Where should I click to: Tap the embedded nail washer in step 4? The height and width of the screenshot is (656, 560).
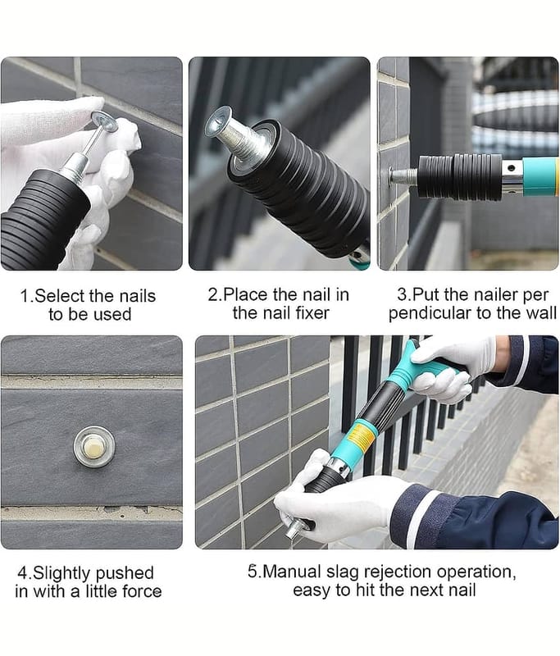pos(94,446)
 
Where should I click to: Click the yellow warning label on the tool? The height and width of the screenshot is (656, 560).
pos(362,436)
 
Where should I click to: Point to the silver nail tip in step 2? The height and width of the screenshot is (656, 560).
pos(219,122)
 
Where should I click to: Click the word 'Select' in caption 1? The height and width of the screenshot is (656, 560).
pos(61,296)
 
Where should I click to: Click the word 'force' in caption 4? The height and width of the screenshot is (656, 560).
pos(142,591)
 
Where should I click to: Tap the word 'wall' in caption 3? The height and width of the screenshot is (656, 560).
pos(541,313)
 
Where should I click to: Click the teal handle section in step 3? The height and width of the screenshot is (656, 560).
pos(540,177)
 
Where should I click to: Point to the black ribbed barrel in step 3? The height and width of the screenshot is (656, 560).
pos(460,177)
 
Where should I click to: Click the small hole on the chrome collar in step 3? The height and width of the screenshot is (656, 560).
pos(510,169)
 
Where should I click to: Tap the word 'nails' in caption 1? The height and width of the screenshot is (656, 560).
pos(137,296)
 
